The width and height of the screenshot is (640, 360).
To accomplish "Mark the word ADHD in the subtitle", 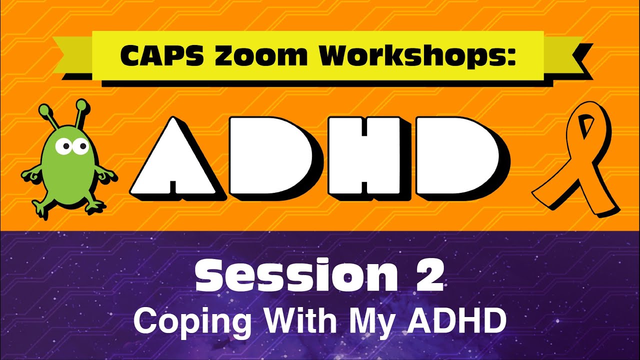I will (x=455, y=321).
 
